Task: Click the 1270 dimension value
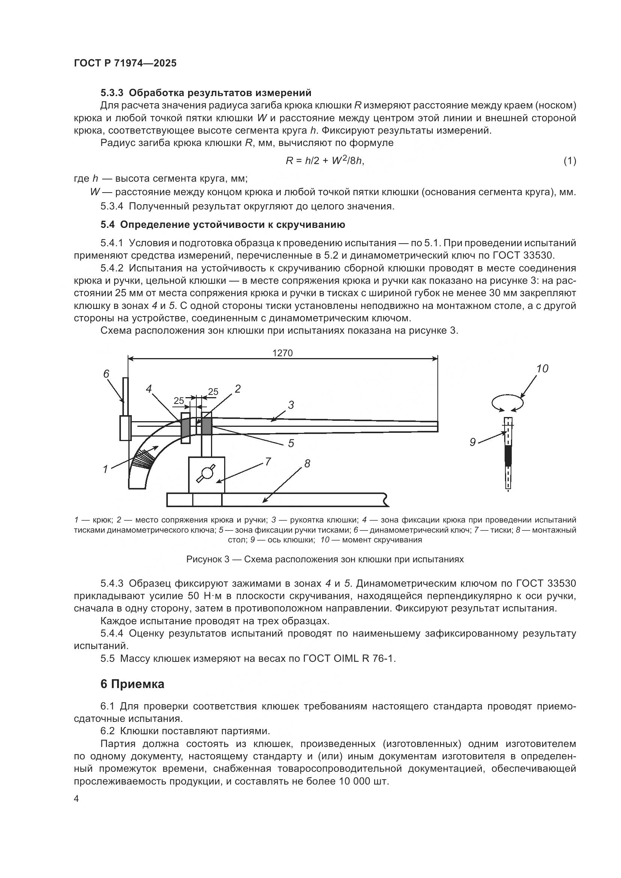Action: click(282, 353)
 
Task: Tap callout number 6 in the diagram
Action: click(106, 373)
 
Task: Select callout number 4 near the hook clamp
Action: click(149, 389)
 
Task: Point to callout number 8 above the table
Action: click(307, 464)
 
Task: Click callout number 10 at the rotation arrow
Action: click(542, 369)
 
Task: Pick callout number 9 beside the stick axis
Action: click(473, 443)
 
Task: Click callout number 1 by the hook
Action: click(106, 469)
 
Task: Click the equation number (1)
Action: click(570, 161)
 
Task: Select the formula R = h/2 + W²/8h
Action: click(325, 161)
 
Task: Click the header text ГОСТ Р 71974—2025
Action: click(125, 63)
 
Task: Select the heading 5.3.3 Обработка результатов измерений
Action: click(206, 93)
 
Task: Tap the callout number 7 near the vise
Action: click(268, 462)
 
